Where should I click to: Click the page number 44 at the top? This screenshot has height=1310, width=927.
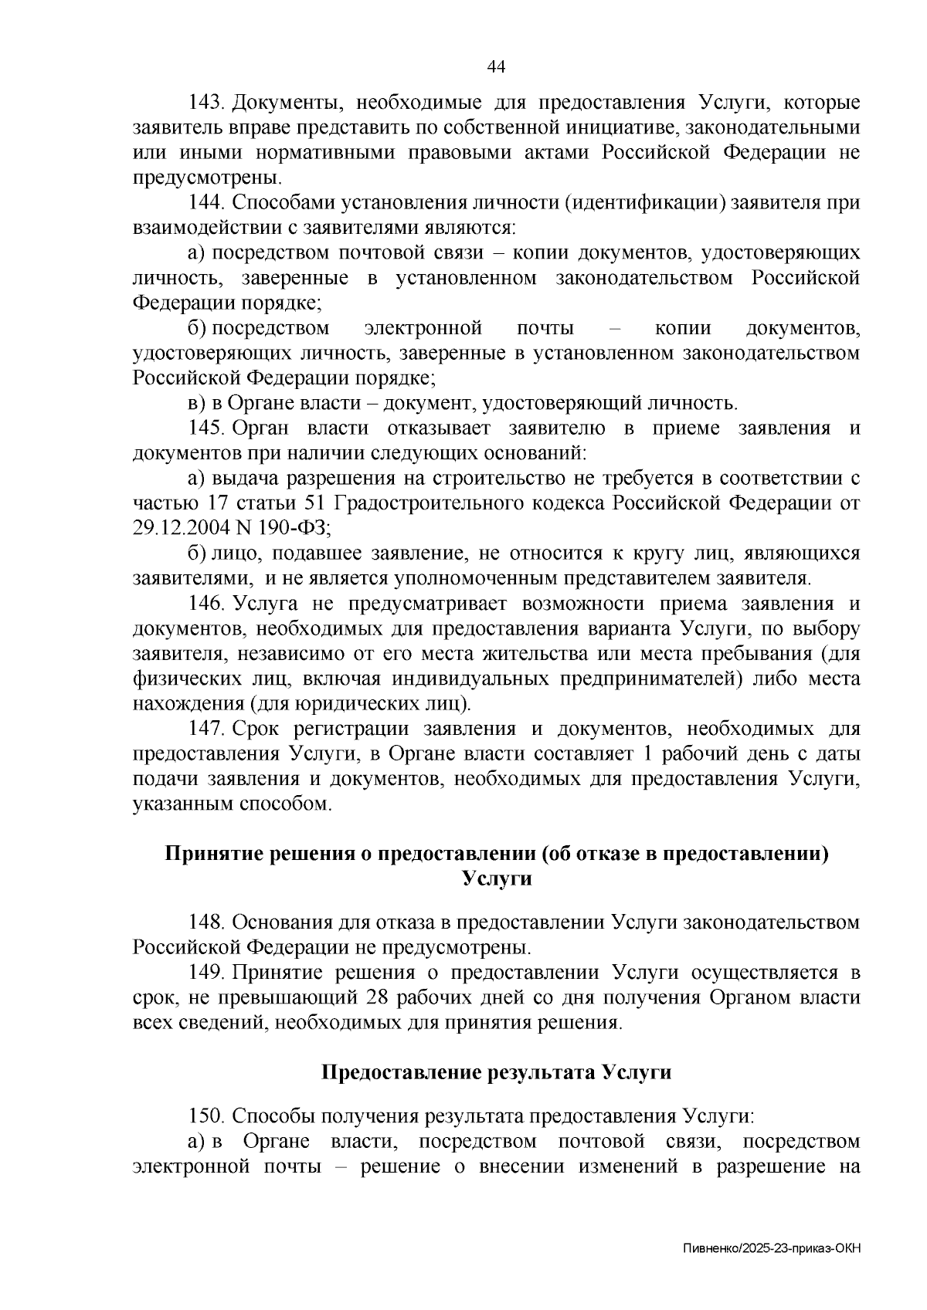pyautogui.click(x=496, y=67)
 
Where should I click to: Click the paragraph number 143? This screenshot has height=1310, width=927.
pyautogui.click(x=206, y=103)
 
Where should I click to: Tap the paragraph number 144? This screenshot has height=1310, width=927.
pyautogui.click(x=206, y=203)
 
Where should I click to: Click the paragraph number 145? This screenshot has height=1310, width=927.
pyautogui.click(x=206, y=428)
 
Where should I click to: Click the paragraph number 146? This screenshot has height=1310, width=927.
pyautogui.click(x=206, y=604)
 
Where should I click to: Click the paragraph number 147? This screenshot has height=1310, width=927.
pyautogui.click(x=206, y=729)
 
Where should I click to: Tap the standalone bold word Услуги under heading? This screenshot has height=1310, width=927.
pyautogui.click(x=496, y=878)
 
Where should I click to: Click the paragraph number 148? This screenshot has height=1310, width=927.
pyautogui.click(x=206, y=922)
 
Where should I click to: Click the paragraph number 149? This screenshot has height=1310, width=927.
pyautogui.click(x=206, y=973)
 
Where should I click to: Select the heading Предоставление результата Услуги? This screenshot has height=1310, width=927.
pyautogui.click(x=496, y=1072)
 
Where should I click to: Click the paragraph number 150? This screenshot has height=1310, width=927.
pyautogui.click(x=206, y=1116)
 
